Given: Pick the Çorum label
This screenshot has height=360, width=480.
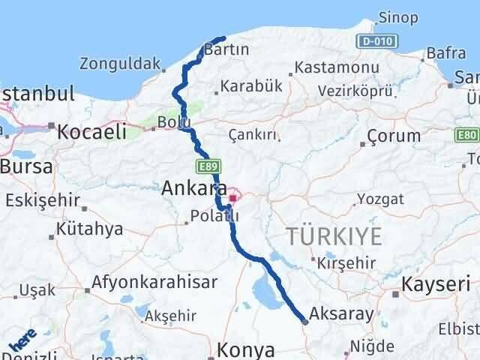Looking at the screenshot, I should [394, 136].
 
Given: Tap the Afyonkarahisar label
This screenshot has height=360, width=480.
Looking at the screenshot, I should [155, 282].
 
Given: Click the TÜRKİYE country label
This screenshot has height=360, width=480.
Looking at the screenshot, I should [334, 237].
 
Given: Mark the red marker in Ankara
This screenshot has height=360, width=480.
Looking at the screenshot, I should [233, 199].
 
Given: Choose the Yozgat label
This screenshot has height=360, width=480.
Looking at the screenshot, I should [381, 199].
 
